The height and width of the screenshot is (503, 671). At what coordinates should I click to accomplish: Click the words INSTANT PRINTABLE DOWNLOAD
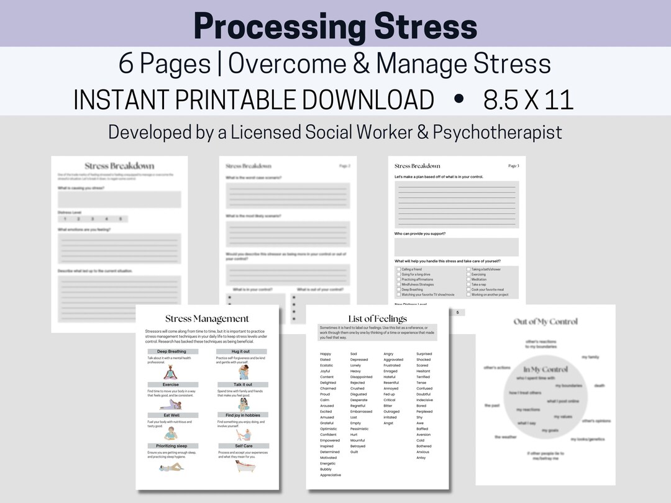pos(253,100)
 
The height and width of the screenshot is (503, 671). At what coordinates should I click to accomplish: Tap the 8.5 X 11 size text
pos(528,100)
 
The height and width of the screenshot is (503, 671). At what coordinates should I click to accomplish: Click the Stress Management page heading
pos(207,319)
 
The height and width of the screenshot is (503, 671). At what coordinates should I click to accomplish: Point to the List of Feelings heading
pos(377,319)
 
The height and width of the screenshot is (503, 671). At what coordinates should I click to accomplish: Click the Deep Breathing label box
pos(171,351)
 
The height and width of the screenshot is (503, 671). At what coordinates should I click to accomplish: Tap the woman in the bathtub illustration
pos(244,466)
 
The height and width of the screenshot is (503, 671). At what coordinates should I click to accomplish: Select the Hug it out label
pos(243,351)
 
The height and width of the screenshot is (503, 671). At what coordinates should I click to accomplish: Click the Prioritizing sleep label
pos(171,446)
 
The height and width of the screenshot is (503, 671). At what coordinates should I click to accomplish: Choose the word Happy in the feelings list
pos(326,354)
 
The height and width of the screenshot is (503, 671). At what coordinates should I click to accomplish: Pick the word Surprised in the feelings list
pos(424,354)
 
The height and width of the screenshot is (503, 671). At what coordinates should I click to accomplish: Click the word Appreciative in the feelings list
pos(331,475)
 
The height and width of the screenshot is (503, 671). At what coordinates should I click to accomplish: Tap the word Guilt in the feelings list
pos(354,452)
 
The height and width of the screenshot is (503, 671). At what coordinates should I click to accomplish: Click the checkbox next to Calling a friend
pos(398,270)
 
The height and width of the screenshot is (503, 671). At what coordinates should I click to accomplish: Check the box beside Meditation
pos(468,279)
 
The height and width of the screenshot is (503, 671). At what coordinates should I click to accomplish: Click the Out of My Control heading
pos(545,322)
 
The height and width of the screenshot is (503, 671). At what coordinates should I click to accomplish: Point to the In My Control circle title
pos(545,369)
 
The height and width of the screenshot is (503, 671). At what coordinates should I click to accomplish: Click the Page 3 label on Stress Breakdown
pos(513,166)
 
